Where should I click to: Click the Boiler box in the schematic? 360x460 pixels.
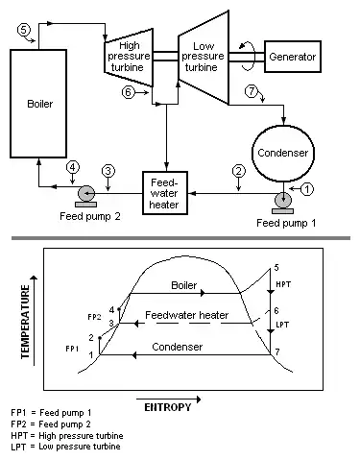38,104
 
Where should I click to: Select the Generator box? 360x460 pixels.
293,57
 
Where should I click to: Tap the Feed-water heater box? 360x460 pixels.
164,193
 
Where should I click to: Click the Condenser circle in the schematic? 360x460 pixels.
283,154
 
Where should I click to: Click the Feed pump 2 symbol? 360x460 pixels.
86,196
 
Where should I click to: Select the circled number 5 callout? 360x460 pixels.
23,30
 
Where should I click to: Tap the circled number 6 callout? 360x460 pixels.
128,92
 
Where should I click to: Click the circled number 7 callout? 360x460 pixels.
252,91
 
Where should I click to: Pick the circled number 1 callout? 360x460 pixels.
307,189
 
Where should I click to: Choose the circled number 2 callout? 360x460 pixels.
239,171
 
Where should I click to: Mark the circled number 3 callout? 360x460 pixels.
108,171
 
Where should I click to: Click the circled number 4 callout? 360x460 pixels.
73,167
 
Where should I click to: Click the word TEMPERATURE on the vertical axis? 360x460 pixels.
25,322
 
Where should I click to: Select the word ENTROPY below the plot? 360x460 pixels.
168,407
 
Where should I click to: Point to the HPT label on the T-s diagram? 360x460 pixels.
283,284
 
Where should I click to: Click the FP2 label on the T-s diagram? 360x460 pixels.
94,317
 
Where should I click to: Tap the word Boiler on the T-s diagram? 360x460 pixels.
184,285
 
